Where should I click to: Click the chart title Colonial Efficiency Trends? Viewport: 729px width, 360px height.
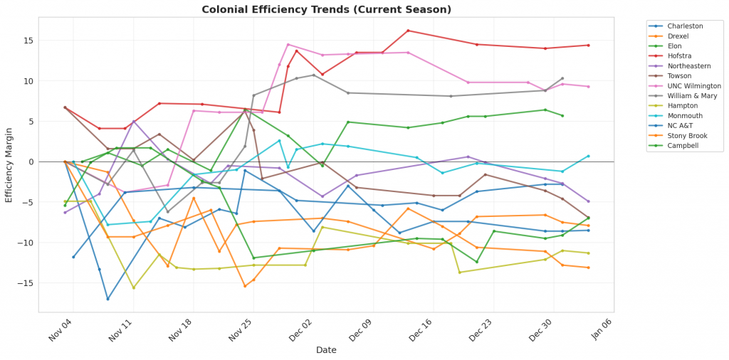326,9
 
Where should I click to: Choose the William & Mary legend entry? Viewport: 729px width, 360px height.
686,96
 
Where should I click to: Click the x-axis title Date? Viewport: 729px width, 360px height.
327,350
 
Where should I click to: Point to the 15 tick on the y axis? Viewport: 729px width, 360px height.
28,41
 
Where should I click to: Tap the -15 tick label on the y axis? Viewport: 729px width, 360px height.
26,283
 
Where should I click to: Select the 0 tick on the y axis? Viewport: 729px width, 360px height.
30,162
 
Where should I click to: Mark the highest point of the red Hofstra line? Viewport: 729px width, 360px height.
408,31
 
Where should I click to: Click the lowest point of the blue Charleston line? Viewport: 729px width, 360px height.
107,299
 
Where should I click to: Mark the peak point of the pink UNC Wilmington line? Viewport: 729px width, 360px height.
288,44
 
